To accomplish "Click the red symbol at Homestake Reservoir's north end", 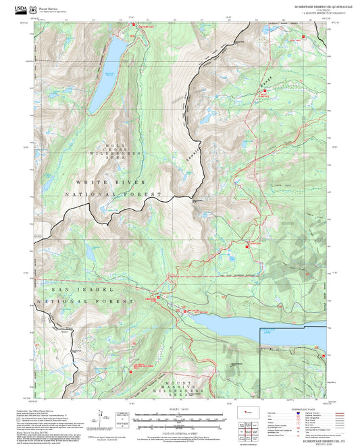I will [x=134, y=26].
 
